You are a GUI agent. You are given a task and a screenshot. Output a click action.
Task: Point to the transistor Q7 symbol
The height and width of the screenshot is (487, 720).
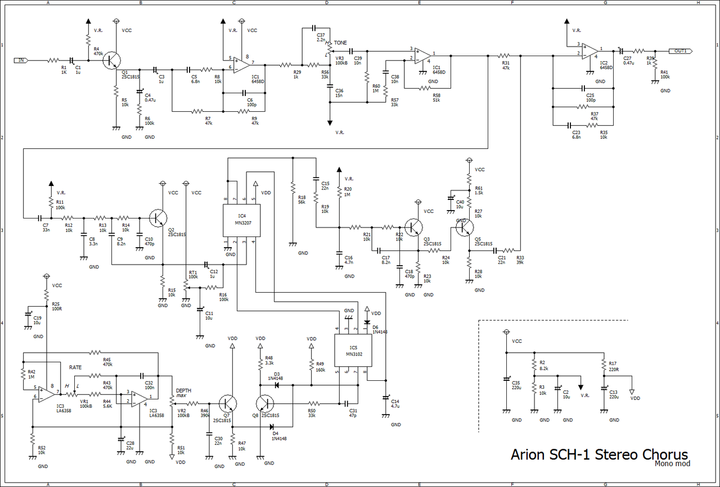[228, 403]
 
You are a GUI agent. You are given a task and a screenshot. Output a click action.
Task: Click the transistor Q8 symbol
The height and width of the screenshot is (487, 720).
[265, 403]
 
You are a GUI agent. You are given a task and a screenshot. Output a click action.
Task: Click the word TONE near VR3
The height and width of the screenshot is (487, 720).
[340, 43]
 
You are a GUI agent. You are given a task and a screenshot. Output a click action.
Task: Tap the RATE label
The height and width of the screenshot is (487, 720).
[76, 367]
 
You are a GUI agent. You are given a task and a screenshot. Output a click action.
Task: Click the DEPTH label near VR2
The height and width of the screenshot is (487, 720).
[183, 390]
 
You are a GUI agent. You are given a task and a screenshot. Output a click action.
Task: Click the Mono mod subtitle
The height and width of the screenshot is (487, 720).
[672, 463]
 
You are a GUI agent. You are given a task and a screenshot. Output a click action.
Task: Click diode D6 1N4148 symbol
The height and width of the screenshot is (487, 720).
[367, 322]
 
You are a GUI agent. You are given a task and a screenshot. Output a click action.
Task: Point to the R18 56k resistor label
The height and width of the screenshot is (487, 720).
[301, 199]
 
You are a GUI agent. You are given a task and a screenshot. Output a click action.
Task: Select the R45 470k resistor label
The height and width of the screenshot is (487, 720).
[106, 362]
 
